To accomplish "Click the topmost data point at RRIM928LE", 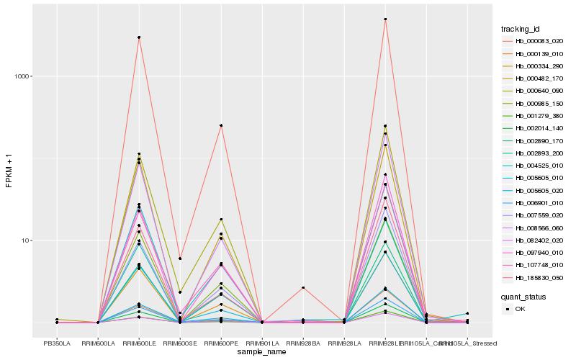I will point(385,19).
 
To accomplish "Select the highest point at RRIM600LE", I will point(139,37).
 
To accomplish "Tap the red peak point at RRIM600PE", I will point(221,125).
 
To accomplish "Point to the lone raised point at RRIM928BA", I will point(303,287).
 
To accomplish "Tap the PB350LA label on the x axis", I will point(57,343).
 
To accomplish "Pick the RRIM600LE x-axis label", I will point(139,343).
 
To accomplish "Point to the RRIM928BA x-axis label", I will point(303,343).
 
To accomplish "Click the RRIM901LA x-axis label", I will point(262,343).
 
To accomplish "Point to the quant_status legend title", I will point(523,296).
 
